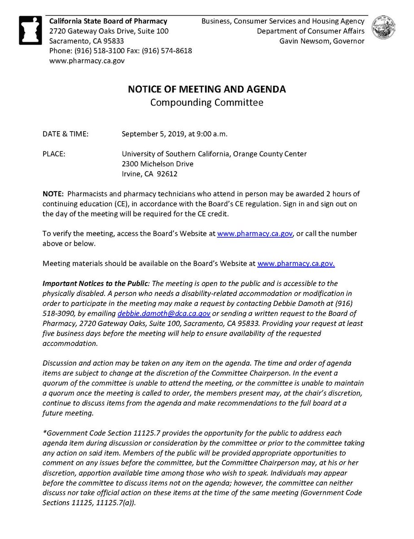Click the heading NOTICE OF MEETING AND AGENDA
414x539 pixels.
point(207,89)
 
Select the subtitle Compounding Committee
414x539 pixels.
point(207,102)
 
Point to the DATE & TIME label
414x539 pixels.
point(65,134)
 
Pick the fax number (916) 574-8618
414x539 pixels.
point(167,51)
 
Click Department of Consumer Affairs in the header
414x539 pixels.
point(311,31)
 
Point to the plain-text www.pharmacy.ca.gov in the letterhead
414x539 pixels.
point(87,61)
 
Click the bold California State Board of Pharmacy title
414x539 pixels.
point(108,21)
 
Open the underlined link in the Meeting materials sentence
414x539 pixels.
point(296,264)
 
